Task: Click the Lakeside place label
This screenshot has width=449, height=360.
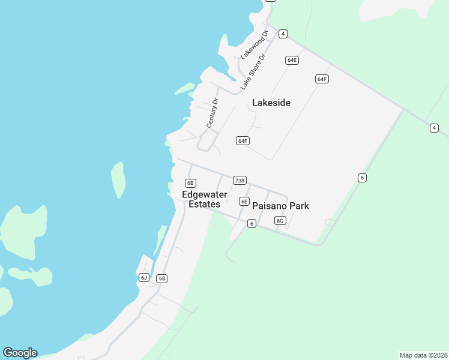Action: [271, 103]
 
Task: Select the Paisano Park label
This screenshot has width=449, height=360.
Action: [280, 206]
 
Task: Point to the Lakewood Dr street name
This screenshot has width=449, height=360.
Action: [253, 44]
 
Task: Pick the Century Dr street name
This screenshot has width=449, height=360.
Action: [212, 113]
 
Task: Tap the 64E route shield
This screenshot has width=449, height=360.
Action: [292, 60]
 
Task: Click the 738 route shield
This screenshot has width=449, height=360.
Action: [240, 181]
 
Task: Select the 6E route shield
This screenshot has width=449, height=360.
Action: [244, 202]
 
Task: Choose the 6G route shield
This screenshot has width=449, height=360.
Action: [280, 221]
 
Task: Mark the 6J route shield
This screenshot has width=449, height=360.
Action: [143, 277]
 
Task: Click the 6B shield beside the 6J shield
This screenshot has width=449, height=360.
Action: [161, 278]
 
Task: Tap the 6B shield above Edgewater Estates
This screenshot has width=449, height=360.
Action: [191, 183]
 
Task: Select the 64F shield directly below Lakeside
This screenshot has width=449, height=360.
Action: [243, 141]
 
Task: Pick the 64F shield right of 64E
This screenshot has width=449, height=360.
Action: [322, 79]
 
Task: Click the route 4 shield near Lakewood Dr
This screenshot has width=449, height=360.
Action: [283, 34]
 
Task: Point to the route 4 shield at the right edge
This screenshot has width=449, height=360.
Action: [434, 128]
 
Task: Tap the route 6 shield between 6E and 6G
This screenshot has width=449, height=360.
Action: [252, 224]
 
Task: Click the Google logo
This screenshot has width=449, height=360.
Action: [20, 353]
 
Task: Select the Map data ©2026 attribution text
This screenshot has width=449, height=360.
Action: [423, 355]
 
